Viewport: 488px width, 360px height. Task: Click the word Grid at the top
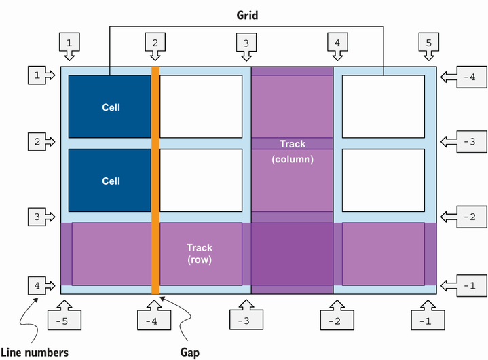(247, 14)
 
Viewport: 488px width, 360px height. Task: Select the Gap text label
(190, 353)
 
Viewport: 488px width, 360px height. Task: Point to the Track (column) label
(293, 151)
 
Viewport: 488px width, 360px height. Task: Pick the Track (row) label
(200, 253)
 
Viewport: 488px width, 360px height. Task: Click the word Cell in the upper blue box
(111, 107)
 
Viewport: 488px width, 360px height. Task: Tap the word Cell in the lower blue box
(111, 181)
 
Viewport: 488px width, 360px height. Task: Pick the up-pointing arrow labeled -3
(246, 315)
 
